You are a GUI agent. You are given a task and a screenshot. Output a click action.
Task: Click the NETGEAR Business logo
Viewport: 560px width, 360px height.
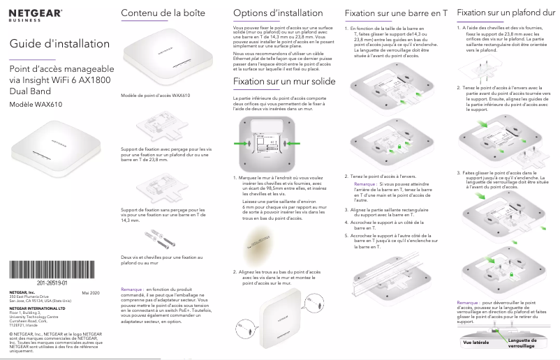(x=36, y=15)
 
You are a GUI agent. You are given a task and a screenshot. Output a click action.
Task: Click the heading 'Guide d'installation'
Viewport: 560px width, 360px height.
(x=59, y=45)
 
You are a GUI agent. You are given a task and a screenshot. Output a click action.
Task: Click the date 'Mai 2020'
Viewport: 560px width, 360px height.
(x=91, y=292)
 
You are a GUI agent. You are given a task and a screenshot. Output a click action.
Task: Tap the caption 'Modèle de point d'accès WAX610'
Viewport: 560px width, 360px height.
(x=155, y=94)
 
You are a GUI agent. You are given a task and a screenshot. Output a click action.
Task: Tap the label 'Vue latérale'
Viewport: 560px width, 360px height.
(x=476, y=343)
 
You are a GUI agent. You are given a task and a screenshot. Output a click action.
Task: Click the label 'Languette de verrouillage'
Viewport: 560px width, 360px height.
(x=521, y=343)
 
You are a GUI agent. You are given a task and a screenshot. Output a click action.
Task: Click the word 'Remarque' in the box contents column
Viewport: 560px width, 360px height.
(x=132, y=287)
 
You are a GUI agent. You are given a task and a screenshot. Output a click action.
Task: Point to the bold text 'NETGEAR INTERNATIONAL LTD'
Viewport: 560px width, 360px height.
(x=38, y=307)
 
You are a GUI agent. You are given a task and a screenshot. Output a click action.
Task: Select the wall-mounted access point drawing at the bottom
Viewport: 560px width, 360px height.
(x=279, y=321)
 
